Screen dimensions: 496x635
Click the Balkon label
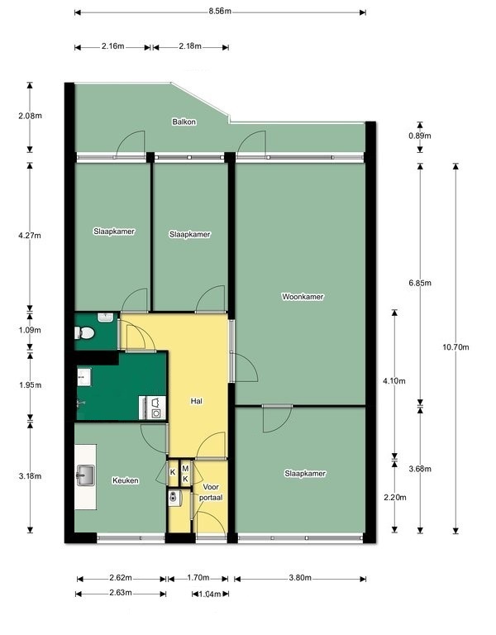pyautogui.click(x=184, y=122)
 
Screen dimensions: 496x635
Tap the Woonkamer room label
pyautogui.click(x=303, y=297)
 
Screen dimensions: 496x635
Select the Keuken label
pyautogui.click(x=126, y=480)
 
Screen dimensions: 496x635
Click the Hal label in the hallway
pyautogui.click(x=197, y=401)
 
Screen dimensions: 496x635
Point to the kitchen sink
pyautogui.click(x=85, y=475)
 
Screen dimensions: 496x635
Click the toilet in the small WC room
pyautogui.click(x=84, y=333)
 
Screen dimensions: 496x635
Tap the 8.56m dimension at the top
pyautogui.click(x=220, y=11)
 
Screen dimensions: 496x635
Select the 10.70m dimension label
pyautogui.click(x=455, y=347)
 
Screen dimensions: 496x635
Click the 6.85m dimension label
pyautogui.click(x=420, y=283)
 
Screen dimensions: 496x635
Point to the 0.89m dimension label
pyautogui.click(x=420, y=136)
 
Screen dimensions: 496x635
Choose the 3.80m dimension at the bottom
pyautogui.click(x=300, y=578)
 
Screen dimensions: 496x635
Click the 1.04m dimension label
pyautogui.click(x=210, y=594)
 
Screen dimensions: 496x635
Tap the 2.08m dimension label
pyautogui.click(x=30, y=116)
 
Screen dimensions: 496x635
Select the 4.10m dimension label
pyautogui.click(x=394, y=381)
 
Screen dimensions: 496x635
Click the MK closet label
pyautogui.click(x=185, y=474)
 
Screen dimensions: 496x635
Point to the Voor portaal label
pyautogui.click(x=211, y=492)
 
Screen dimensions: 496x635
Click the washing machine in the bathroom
pyautogui.click(x=155, y=408)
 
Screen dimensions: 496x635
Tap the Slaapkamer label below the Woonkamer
pyautogui.click(x=305, y=474)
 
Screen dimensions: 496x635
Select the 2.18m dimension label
pyautogui.click(x=190, y=46)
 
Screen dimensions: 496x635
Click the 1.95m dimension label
pyautogui.click(x=30, y=385)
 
